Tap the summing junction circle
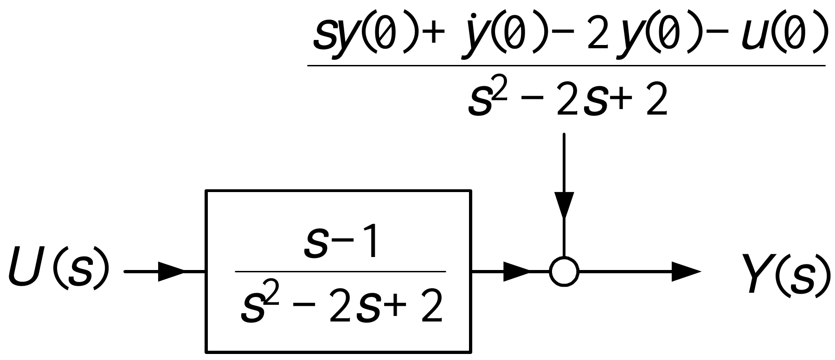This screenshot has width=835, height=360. [564, 271]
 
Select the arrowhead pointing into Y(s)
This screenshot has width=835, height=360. [686, 271]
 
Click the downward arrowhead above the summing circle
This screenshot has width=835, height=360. [564, 204]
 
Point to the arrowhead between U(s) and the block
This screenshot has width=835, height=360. [172, 271]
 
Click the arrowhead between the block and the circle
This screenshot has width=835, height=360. [516, 271]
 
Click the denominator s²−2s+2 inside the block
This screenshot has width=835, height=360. [341, 307]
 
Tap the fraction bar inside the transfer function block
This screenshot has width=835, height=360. [340, 272]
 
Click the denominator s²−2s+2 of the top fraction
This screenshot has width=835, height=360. [567, 99]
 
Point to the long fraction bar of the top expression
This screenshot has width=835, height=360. [566, 65]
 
